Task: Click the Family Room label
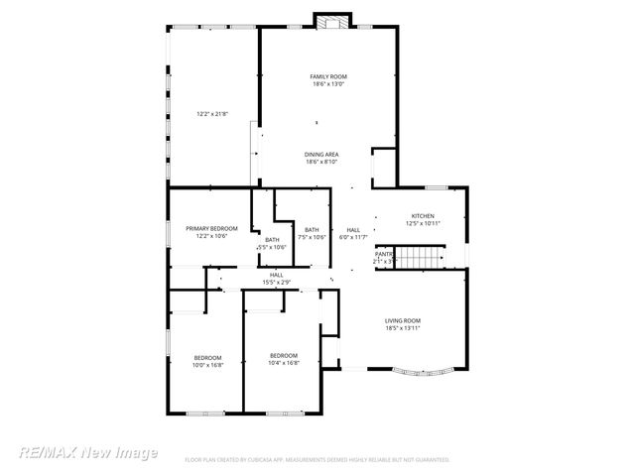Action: [327, 76]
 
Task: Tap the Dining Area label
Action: [321, 155]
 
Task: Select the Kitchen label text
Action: [423, 216]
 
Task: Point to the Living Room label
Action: [403, 320]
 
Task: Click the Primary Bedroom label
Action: [211, 228]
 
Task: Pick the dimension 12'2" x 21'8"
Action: [212, 114]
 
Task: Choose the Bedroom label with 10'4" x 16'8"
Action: [284, 355]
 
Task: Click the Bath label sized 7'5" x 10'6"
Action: [312, 230]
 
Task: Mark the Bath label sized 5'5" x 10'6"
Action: [271, 239]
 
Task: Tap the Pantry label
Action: [383, 254]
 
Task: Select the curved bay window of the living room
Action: [422, 377]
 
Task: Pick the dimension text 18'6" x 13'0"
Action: [327, 84]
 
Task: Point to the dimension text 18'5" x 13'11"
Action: [403, 328]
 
